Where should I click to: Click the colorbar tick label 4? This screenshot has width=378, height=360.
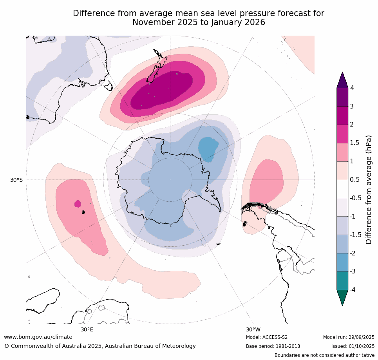(x=352, y=88)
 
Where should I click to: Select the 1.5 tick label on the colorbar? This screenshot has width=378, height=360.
(x=354, y=143)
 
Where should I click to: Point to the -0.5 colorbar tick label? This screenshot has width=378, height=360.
(x=355, y=198)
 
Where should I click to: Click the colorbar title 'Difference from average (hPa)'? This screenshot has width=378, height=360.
(x=369, y=190)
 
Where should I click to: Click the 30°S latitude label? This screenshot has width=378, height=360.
(x=16, y=180)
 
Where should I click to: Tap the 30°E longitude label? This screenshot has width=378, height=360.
(x=87, y=329)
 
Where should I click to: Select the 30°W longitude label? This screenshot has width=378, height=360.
(x=253, y=329)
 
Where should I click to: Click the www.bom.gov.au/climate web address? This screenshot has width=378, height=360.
(x=38, y=337)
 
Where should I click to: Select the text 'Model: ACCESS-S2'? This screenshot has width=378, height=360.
(x=267, y=337)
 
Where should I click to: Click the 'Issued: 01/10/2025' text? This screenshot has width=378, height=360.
(x=353, y=346)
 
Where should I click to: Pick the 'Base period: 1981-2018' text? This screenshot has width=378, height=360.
(x=273, y=346)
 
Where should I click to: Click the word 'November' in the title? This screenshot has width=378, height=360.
(x=150, y=22)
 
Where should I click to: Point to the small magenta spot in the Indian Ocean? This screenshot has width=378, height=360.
(x=78, y=204)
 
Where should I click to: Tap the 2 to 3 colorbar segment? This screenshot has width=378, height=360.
(x=342, y=116)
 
